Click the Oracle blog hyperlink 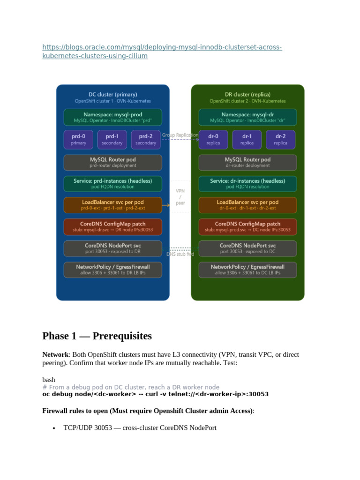tap(162, 52)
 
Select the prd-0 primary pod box tap(78, 140)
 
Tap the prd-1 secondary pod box tap(112, 140)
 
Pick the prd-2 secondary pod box tap(146, 140)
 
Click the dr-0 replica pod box tap(213, 140)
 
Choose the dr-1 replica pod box tap(247, 140)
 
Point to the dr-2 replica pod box tap(280, 140)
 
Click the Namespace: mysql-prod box tap(112, 117)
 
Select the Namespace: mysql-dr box tap(247, 117)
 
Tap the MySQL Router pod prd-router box tap(112, 162)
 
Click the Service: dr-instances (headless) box tap(247, 184)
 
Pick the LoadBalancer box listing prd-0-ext tap(112, 205)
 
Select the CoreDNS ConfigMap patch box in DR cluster tap(247, 227)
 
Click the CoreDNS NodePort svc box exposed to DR tap(112, 248)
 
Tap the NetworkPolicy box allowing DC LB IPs tap(247, 270)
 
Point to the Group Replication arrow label tap(180, 135)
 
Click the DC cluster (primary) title tap(112, 95)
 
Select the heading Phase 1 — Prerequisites tap(97, 336)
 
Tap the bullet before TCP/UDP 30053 tap(54, 428)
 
